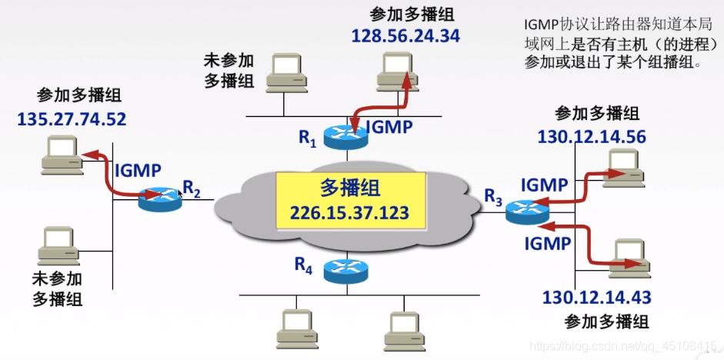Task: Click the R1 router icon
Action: click(x=344, y=137)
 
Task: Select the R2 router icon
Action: click(x=159, y=199)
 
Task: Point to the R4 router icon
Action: click(x=345, y=270)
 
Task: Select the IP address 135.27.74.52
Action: click(x=72, y=119)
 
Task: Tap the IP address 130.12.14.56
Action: click(x=591, y=137)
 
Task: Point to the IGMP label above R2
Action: click(x=138, y=170)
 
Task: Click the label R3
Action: click(x=493, y=196)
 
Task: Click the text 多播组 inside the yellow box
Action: click(x=350, y=188)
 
